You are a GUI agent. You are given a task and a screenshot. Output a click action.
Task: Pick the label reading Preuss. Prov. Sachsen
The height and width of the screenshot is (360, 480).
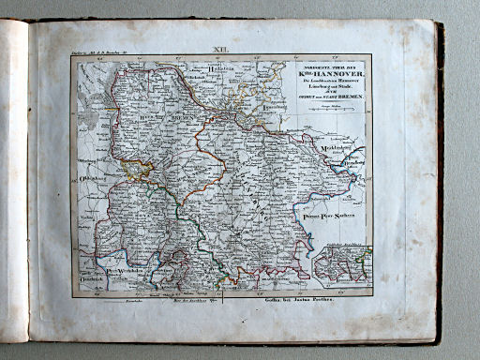pos(331,217)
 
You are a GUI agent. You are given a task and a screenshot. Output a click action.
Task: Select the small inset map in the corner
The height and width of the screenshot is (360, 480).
pos(342,264)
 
